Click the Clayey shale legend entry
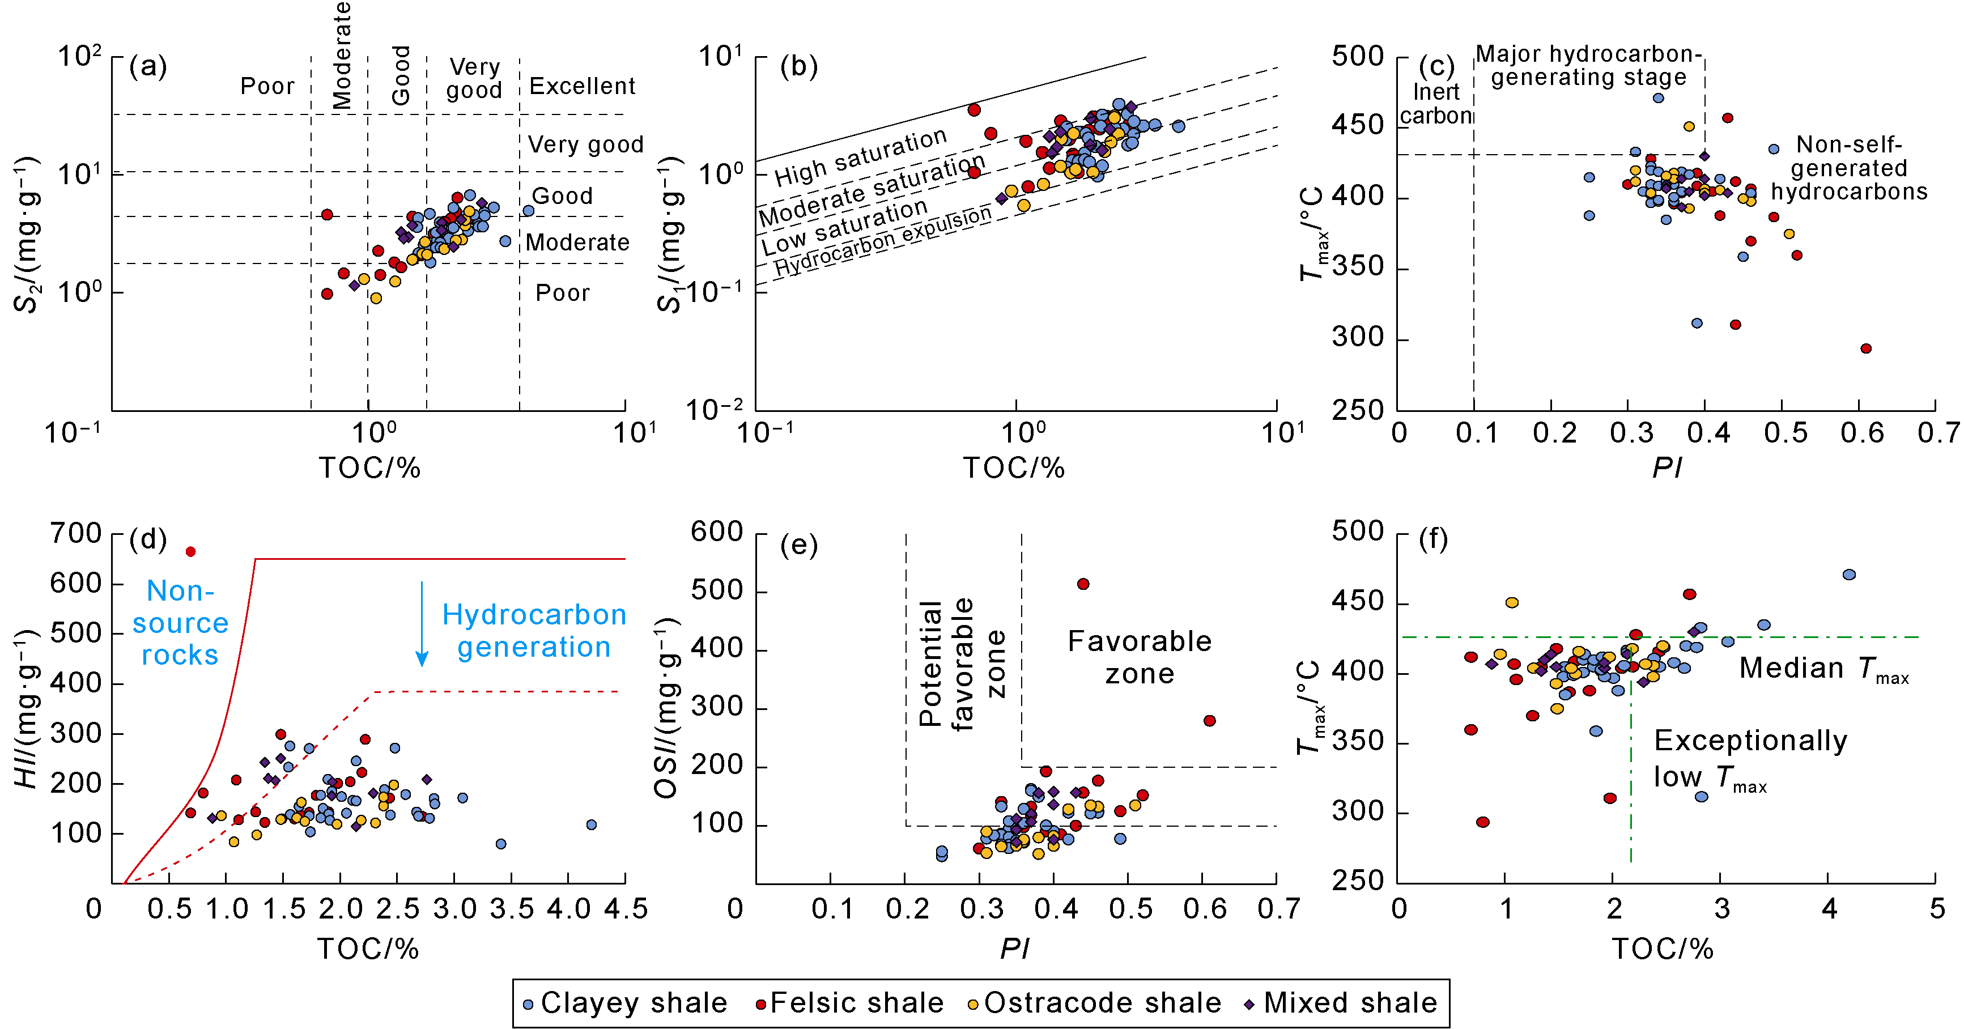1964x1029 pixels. click(x=625, y=1002)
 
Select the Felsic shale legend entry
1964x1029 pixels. click(x=849, y=1002)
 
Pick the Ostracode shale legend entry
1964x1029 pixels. click(x=1094, y=1002)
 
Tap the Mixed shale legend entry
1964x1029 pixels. click(x=1342, y=1002)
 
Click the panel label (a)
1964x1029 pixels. click(x=148, y=67)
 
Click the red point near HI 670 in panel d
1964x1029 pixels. click(x=190, y=551)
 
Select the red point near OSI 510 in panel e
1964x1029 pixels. click(x=1083, y=584)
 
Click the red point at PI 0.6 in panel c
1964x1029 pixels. click(x=1865, y=348)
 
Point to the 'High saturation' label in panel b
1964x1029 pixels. click(x=860, y=157)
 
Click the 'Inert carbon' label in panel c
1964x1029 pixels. click(x=1436, y=104)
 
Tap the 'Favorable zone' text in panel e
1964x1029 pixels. click(x=1139, y=657)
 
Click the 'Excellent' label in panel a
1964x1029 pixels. click(x=582, y=86)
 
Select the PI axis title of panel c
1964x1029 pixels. click(x=1667, y=468)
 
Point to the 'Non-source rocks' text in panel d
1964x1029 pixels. click(x=180, y=623)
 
